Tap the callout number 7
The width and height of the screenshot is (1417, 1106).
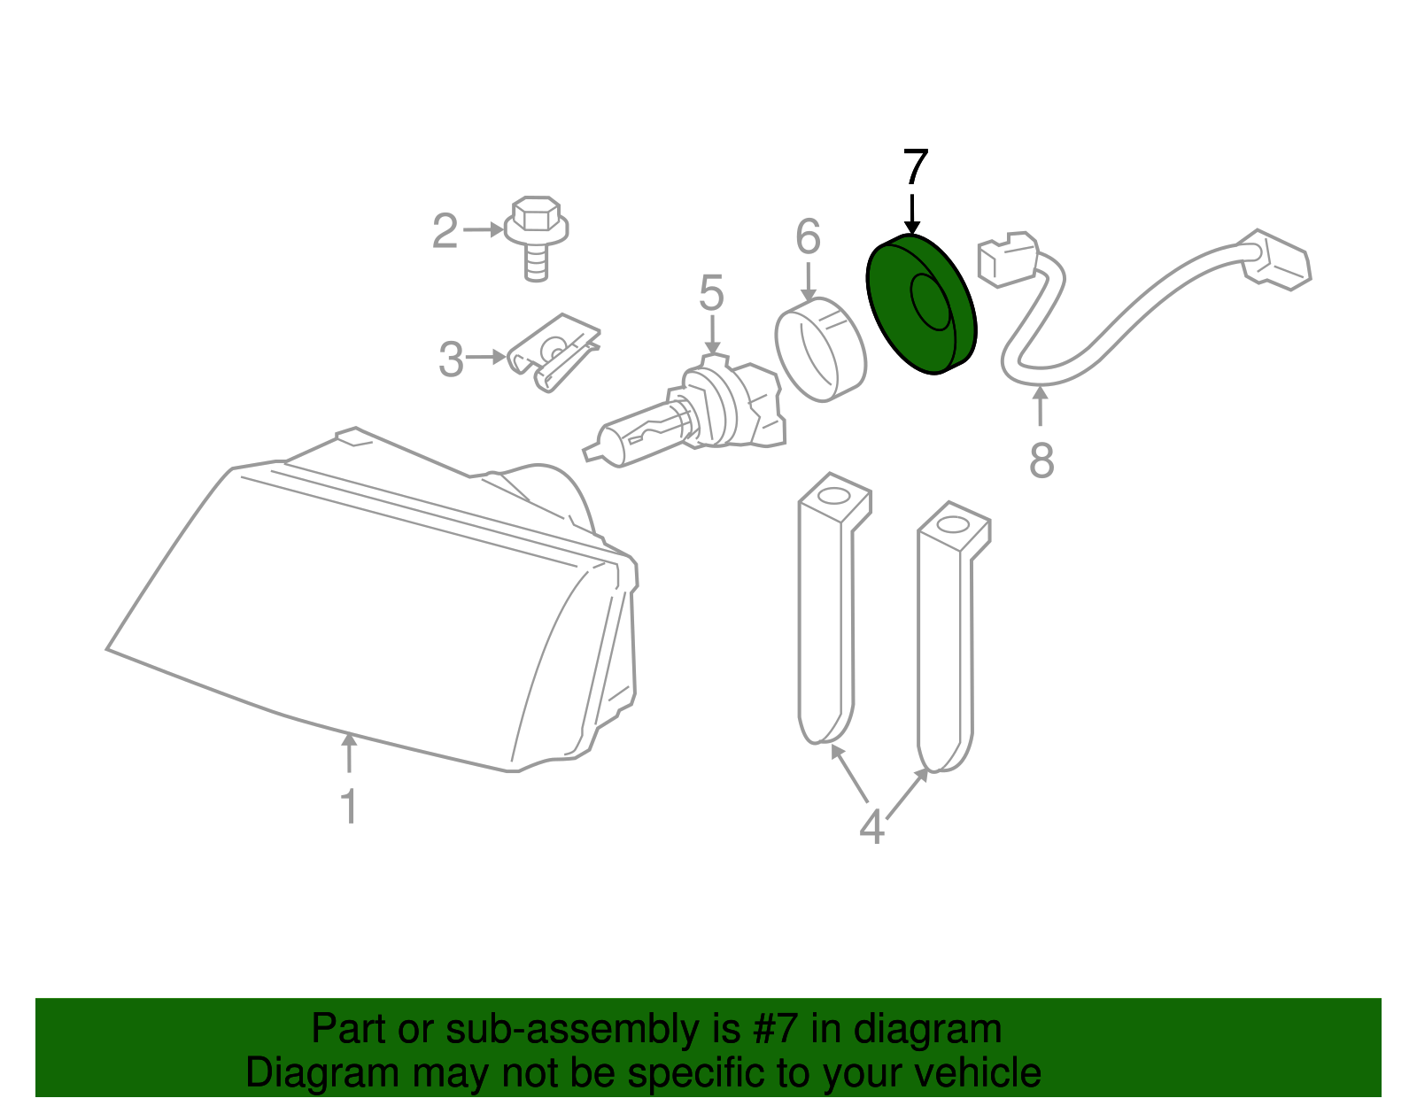(x=915, y=169)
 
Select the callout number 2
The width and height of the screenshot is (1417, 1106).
(x=445, y=232)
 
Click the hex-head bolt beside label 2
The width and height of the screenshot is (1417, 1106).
(x=536, y=235)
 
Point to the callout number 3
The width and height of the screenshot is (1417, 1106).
(x=451, y=360)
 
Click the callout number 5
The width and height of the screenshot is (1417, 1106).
(x=711, y=294)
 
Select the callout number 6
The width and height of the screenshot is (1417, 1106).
(x=808, y=237)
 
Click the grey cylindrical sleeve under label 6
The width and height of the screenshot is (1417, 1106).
(x=819, y=350)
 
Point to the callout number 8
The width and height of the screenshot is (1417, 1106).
(x=1041, y=461)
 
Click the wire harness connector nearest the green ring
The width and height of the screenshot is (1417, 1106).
(x=1007, y=259)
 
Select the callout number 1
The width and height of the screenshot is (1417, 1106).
(x=349, y=807)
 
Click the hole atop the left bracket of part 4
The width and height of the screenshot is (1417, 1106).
(x=832, y=495)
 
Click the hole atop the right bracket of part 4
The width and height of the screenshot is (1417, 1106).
(x=952, y=524)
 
